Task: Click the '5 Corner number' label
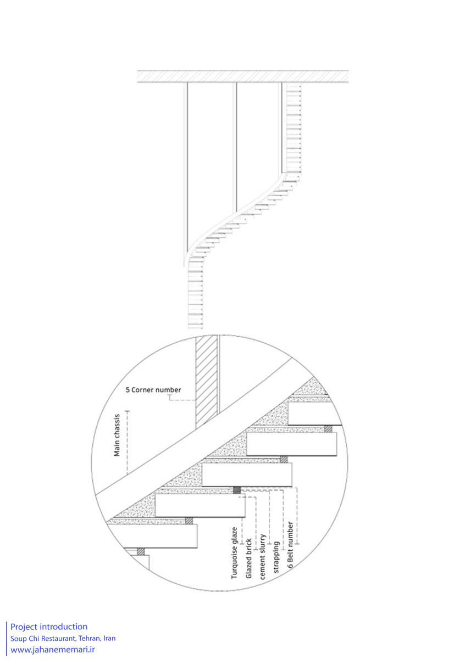tap(153, 390)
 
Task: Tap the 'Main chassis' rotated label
tap(117, 435)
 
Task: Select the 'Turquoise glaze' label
tap(234, 553)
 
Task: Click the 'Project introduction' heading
tap(49, 627)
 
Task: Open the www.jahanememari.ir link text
tap(53, 650)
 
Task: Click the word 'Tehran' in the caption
tap(90, 638)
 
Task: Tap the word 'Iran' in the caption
tap(109, 638)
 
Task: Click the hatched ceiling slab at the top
tap(243, 76)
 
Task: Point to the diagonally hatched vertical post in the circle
tap(206, 382)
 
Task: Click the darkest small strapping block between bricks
tap(237, 490)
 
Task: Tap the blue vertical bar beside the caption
tap(7, 639)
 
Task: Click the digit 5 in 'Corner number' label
tap(128, 390)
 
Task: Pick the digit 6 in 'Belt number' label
tap(290, 566)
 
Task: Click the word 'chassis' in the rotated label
tap(117, 425)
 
